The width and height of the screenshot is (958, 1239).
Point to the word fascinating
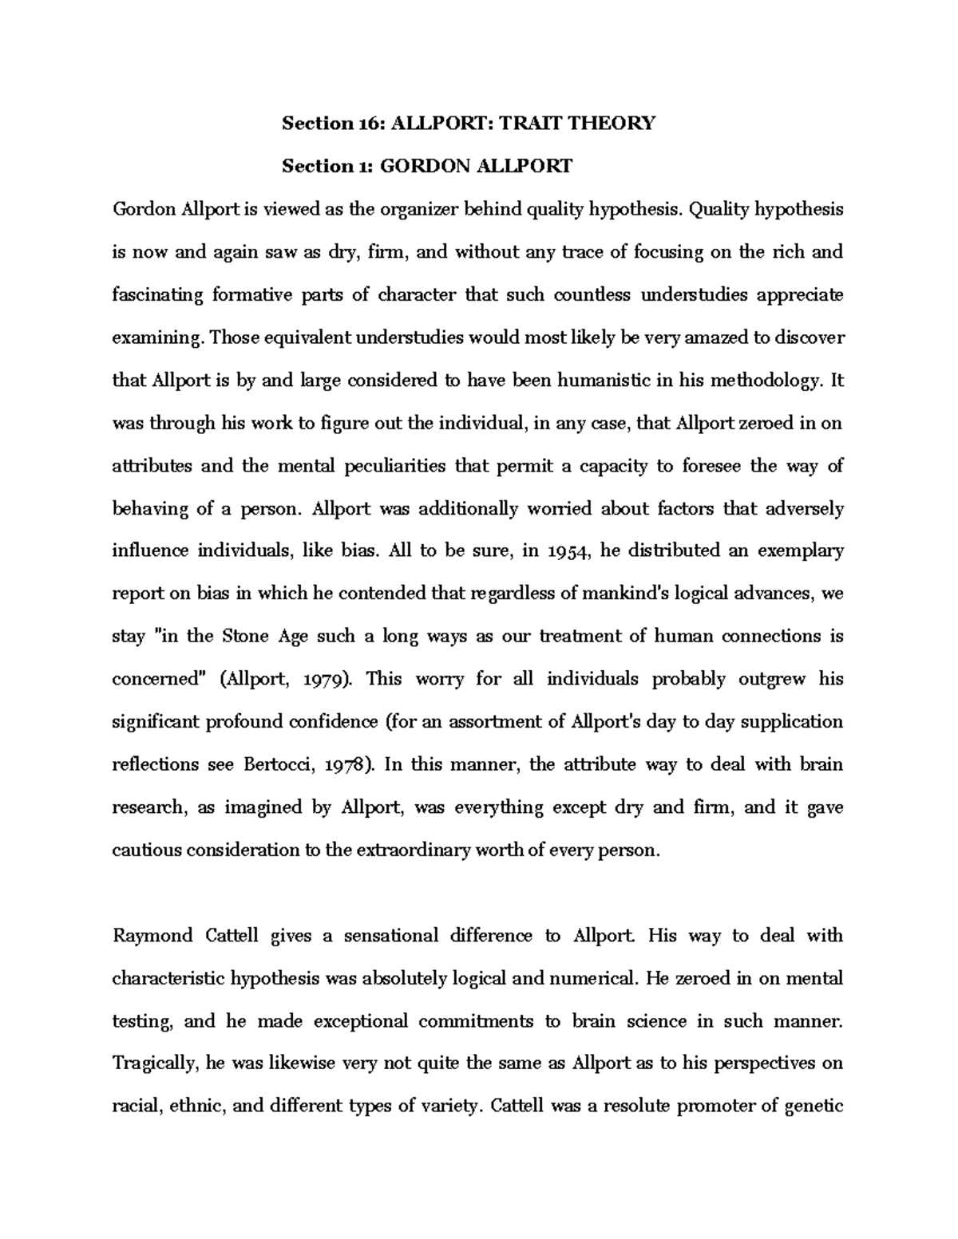(x=158, y=295)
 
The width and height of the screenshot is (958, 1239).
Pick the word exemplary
(x=801, y=551)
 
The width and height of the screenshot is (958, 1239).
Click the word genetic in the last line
(x=814, y=1107)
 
